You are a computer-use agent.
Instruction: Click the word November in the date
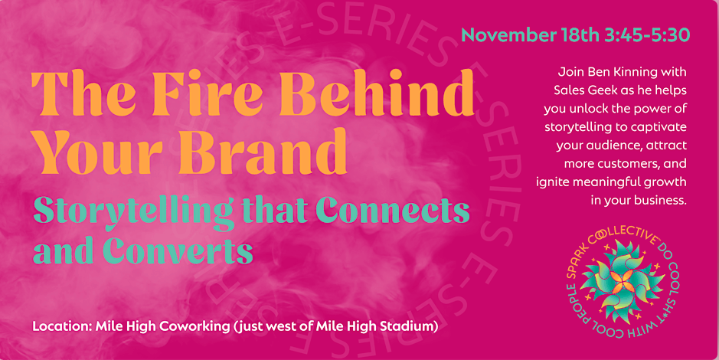pos(509,35)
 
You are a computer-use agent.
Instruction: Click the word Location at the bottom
pos(61,327)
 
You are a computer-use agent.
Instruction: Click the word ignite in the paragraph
pos(551,182)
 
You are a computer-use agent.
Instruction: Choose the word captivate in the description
pos(660,127)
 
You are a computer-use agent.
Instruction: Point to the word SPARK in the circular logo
pos(577,262)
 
